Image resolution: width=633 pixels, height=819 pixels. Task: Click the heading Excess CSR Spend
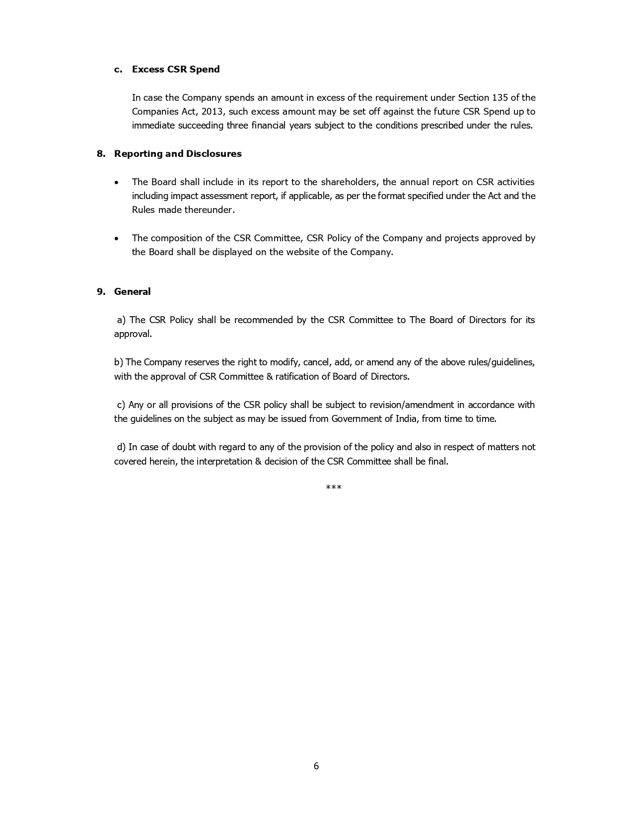(x=176, y=69)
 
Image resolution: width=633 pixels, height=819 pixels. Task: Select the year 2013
(x=212, y=111)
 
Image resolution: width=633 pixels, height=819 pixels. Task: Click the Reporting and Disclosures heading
(x=178, y=154)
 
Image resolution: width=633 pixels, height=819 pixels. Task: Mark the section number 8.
(x=101, y=154)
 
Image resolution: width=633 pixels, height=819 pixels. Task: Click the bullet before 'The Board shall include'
(x=116, y=183)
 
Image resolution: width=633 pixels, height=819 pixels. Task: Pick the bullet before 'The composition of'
(x=116, y=239)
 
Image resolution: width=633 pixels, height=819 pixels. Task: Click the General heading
(x=132, y=292)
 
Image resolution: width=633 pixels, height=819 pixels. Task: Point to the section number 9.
(x=101, y=292)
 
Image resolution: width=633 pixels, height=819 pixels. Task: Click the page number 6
(x=316, y=766)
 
